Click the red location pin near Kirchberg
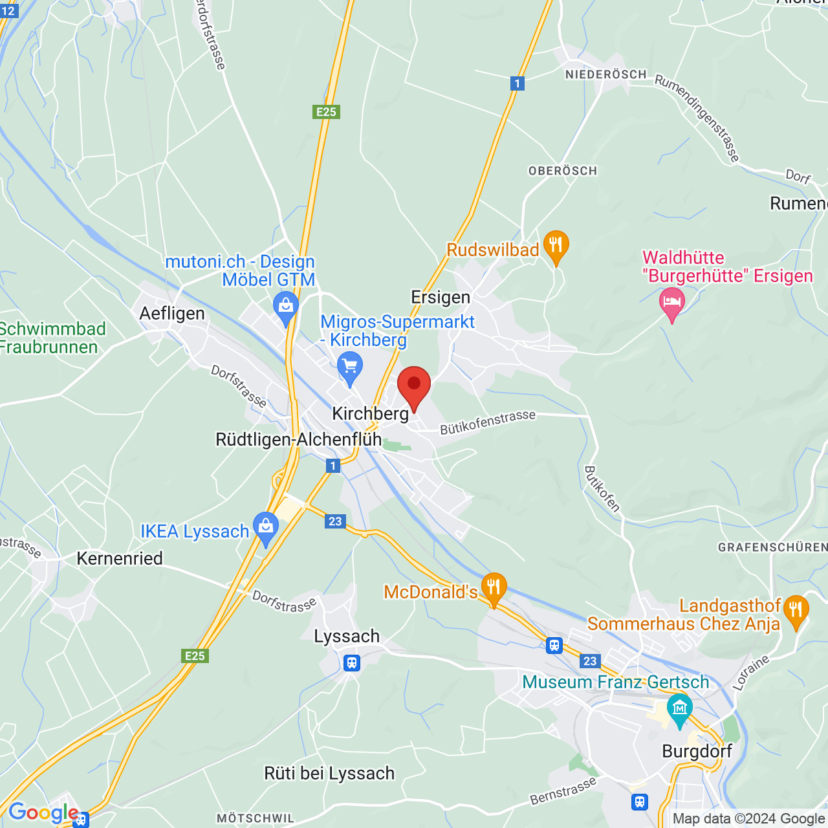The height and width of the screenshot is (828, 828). click(x=413, y=386)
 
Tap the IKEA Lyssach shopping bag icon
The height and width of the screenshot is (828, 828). click(x=266, y=527)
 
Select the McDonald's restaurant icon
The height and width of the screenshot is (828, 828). click(x=494, y=587)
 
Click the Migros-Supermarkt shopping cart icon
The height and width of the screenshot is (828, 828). click(x=350, y=367)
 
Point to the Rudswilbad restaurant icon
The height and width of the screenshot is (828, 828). click(x=556, y=245)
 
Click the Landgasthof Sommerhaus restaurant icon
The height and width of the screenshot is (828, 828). click(x=796, y=610)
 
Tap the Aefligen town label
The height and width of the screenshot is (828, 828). click(x=172, y=314)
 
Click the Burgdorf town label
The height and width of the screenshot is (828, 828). click(x=697, y=751)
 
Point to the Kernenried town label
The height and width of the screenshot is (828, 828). click(x=120, y=558)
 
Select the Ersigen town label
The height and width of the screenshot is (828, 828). click(x=441, y=298)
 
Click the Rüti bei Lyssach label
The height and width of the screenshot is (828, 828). click(x=329, y=774)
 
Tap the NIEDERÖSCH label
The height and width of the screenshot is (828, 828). click(x=605, y=74)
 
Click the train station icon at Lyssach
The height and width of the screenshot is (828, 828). click(x=351, y=663)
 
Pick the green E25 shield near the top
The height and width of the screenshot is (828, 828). click(x=326, y=112)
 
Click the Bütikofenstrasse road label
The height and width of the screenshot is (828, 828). click(x=488, y=422)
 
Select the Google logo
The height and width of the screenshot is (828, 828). click(x=43, y=812)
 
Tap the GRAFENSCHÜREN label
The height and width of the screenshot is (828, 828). click(x=772, y=547)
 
